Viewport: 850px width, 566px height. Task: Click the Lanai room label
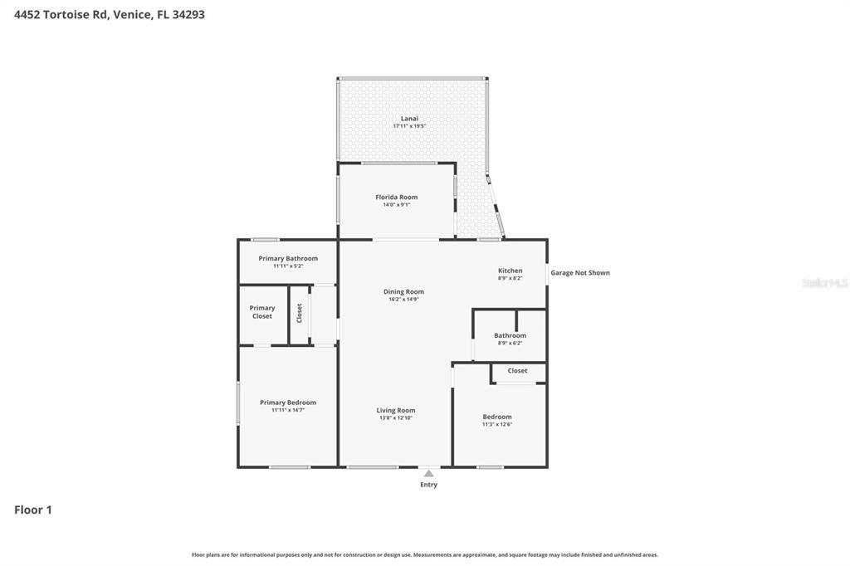[409, 119]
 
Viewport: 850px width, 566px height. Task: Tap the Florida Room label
[396, 198]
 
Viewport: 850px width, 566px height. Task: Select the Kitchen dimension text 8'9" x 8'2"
[510, 278]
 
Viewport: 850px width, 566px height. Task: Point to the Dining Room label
[403, 291]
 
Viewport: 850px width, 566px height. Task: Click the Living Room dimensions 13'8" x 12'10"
[395, 417]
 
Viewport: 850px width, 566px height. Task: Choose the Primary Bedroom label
[287, 403]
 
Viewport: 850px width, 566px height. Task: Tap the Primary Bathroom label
[287, 258]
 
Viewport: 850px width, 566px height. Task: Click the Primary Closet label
[262, 312]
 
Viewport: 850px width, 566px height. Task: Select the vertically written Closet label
[300, 313]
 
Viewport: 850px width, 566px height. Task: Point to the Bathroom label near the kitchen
[510, 335]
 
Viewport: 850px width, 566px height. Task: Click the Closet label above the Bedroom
[517, 371]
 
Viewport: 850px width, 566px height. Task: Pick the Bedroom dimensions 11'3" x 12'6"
[497, 424]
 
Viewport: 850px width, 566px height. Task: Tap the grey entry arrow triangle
[428, 473]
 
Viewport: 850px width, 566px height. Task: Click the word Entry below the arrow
[428, 485]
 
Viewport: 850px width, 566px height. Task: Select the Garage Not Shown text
[579, 272]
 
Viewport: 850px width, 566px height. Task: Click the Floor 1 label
[33, 510]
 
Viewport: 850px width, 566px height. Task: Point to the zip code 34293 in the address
[188, 14]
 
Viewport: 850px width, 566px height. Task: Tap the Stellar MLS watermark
[824, 283]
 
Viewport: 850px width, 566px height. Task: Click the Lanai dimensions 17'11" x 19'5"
[409, 126]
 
